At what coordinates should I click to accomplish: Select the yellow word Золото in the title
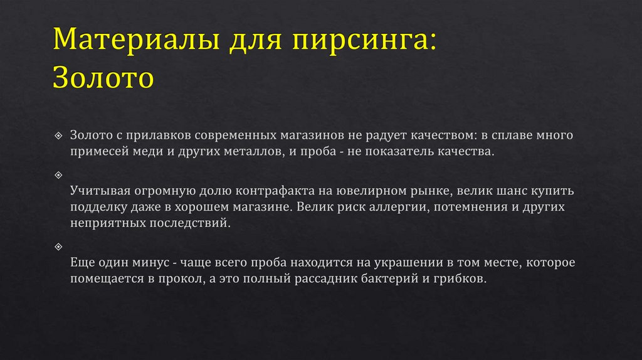click(103, 78)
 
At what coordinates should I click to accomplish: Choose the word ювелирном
click(369, 190)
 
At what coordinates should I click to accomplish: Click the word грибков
click(459, 278)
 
